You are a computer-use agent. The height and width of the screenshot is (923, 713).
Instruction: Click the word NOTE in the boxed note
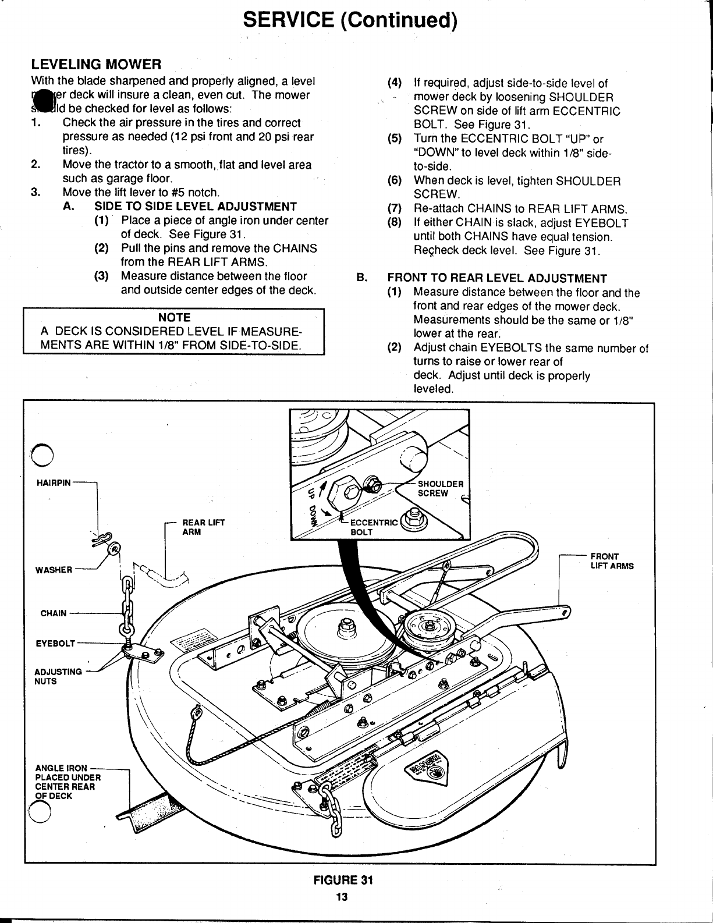pyautogui.click(x=173, y=317)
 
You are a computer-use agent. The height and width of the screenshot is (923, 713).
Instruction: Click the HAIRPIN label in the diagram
pyautogui.click(x=53, y=482)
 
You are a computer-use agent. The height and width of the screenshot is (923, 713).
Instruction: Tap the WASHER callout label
pyautogui.click(x=54, y=570)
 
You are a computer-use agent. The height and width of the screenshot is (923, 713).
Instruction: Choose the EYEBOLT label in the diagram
pyautogui.click(x=55, y=643)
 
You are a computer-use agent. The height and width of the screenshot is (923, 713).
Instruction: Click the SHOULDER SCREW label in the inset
pyautogui.click(x=441, y=488)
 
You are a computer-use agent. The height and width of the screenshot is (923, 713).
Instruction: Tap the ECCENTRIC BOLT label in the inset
pyautogui.click(x=375, y=527)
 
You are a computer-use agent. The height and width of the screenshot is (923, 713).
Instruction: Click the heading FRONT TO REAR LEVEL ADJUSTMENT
pyautogui.click(x=497, y=278)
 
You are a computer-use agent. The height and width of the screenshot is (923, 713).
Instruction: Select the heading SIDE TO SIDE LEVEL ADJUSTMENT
pyautogui.click(x=196, y=207)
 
